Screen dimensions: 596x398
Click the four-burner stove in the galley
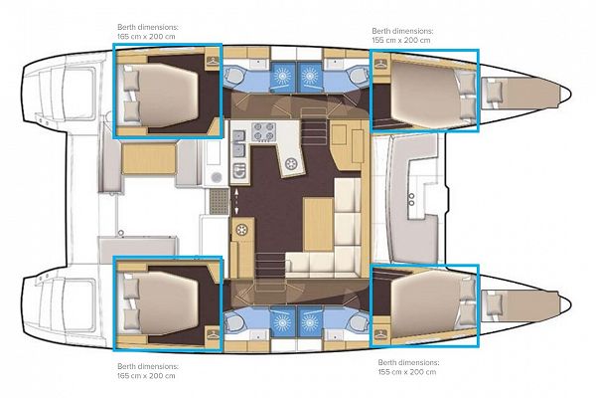point(264,131)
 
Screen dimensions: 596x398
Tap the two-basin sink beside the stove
point(239,143)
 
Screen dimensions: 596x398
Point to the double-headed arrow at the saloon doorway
point(236,201)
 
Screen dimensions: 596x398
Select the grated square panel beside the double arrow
point(220,201)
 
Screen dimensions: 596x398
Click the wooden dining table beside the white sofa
point(319,224)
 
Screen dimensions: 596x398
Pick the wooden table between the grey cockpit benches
point(149,158)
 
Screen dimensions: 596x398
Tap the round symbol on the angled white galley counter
point(291,164)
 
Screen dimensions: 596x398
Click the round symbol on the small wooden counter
point(241,230)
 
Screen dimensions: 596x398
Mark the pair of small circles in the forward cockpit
point(411,200)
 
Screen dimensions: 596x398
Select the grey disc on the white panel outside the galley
point(217,177)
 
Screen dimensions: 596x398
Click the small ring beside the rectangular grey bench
point(121,232)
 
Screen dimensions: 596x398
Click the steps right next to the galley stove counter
point(313,125)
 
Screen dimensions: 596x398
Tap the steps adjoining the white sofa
point(270,266)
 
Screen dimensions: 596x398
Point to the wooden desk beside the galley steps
point(347,145)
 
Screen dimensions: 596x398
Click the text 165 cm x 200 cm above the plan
point(146,37)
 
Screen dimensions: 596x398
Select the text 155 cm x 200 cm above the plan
point(401,40)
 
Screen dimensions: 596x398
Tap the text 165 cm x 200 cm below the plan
point(146,375)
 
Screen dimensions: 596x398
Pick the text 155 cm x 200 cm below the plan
point(407,372)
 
